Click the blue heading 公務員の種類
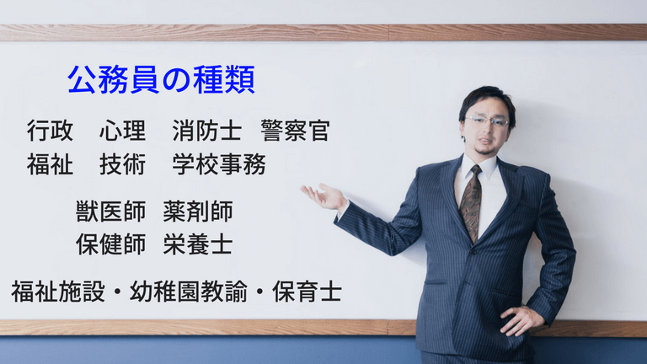pos(161,81)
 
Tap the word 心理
pos(123,131)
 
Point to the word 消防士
pos(206,131)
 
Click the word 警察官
pos(295,131)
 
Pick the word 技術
pos(123,164)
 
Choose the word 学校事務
pos(219,164)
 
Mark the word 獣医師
pos(111,211)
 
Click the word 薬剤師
pos(198,211)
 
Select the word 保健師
pos(111,244)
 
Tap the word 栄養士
pos(198,244)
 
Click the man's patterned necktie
pos(471,202)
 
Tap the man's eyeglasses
pos(487,120)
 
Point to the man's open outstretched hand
pos(323,196)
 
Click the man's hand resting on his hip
pos(521,318)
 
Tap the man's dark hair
pos(488,98)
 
